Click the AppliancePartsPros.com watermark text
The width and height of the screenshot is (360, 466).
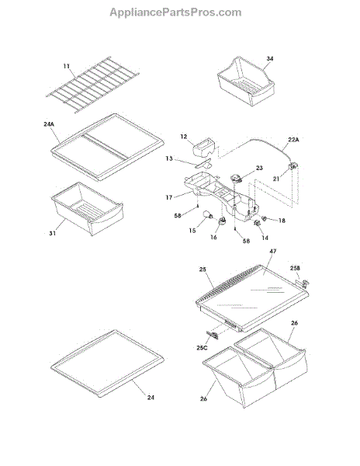[x=175, y=12]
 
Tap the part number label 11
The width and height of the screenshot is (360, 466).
[x=67, y=66]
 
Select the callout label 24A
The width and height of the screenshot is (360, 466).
[x=49, y=124]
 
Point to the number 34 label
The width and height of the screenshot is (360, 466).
[x=269, y=58]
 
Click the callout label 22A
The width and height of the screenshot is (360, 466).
[x=293, y=139]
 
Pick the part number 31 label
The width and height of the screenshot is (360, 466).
[x=53, y=233]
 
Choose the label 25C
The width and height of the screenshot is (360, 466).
[x=202, y=347]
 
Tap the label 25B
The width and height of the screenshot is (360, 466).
[x=296, y=268]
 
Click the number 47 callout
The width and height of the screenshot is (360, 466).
[x=273, y=251]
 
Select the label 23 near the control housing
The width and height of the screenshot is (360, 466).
[x=259, y=168]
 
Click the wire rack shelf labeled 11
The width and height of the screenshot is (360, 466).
[x=92, y=85]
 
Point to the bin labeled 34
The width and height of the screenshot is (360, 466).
[x=246, y=82]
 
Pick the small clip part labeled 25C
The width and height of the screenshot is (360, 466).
[x=213, y=335]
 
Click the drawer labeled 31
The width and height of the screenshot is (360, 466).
[x=87, y=209]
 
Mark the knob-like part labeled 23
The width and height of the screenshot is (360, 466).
[x=237, y=179]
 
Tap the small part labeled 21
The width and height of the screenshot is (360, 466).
[x=293, y=166]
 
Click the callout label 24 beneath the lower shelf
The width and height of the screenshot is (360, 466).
[x=151, y=398]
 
